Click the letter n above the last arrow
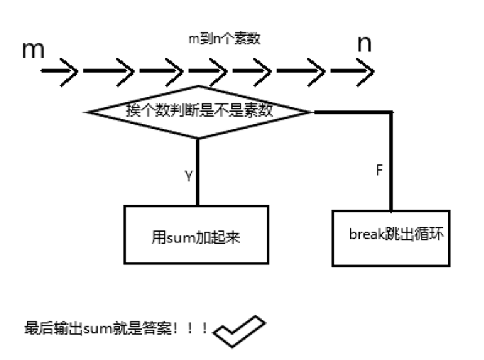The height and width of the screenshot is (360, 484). tap(364, 45)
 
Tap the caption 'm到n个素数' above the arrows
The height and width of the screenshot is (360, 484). tap(224, 38)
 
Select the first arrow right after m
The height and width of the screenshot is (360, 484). tap(60, 73)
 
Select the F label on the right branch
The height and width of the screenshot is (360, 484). tap(379, 173)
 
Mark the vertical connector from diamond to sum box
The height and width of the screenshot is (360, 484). tap(198, 171)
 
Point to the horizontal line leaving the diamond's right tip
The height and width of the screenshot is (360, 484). tap(351, 111)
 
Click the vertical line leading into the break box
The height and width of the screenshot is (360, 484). tap(391, 163)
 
